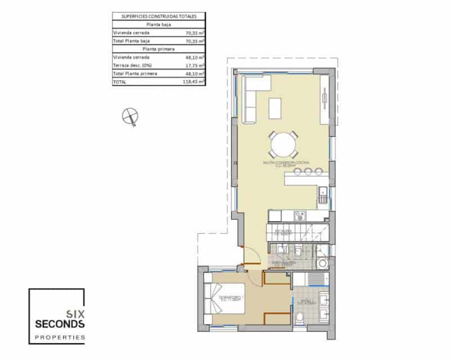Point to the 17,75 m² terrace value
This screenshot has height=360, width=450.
195,65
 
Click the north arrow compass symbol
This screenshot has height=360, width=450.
130,116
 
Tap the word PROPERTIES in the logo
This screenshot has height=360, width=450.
57,337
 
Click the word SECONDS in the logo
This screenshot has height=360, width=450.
60,324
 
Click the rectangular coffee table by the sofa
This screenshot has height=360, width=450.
275,108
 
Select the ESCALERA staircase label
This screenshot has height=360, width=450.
282,232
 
